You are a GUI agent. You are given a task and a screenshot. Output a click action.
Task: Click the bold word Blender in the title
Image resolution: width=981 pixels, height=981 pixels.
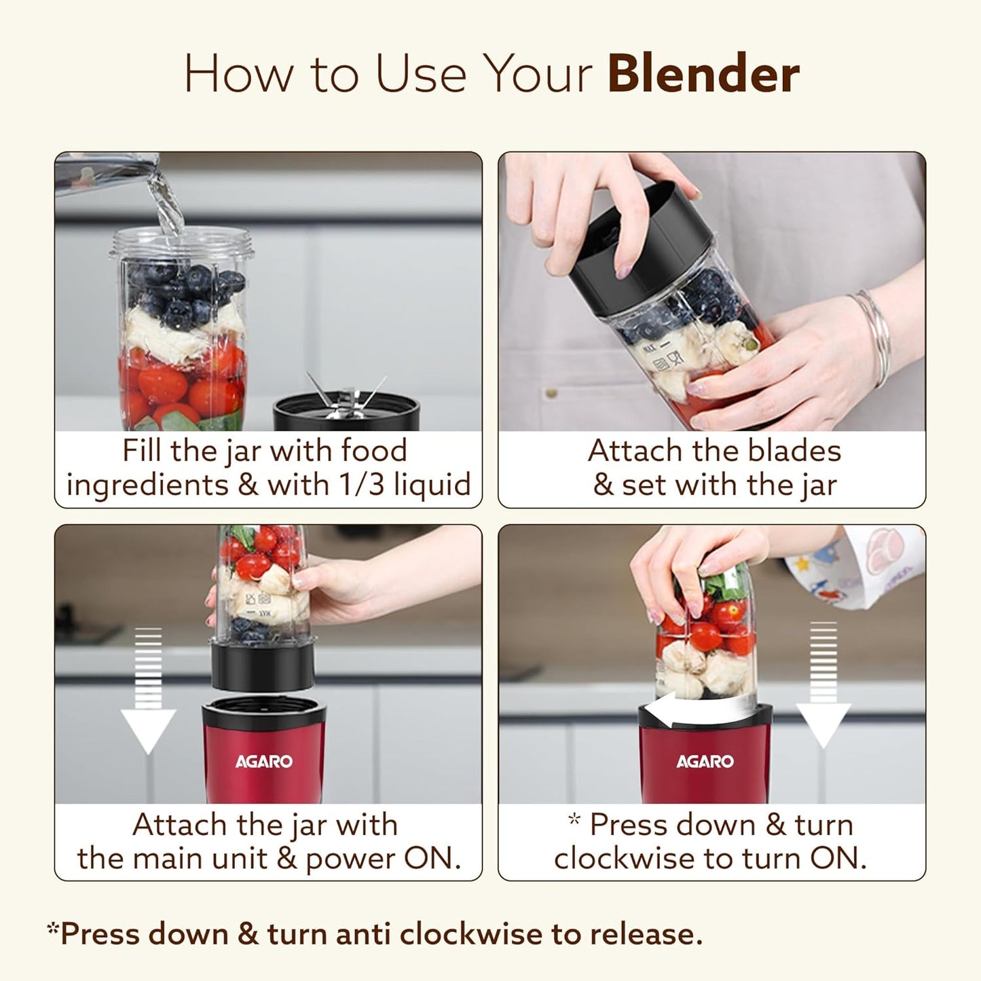(x=703, y=74)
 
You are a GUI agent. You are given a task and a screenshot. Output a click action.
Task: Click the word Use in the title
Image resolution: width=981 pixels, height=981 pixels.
(x=420, y=74)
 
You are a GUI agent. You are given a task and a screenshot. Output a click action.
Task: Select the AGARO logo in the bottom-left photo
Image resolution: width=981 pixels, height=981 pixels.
(x=264, y=762)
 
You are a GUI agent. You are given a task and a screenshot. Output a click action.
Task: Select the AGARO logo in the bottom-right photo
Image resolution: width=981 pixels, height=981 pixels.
(x=705, y=762)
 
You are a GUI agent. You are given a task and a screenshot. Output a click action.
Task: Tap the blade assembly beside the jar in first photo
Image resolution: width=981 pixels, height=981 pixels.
(x=346, y=405)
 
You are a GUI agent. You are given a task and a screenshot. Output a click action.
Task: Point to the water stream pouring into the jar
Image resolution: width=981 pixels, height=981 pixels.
(x=167, y=204)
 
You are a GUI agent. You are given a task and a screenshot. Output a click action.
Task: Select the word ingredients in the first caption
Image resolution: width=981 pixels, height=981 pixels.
(x=148, y=485)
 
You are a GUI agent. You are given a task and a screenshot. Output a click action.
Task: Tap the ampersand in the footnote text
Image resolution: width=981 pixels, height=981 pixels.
(x=248, y=934)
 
